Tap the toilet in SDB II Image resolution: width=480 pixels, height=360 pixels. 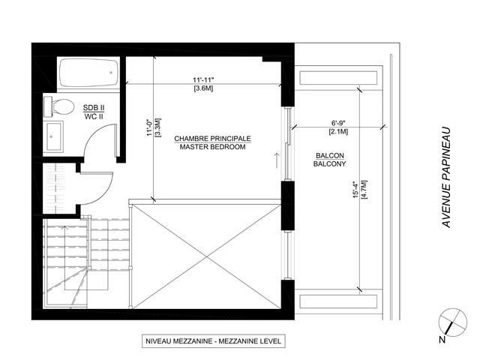(58, 106)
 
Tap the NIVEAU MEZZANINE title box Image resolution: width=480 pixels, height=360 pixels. (212, 341)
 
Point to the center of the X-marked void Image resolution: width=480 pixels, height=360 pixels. (208, 254)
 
